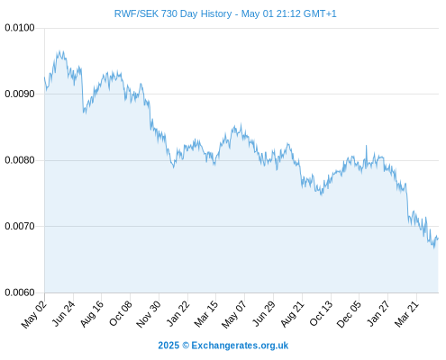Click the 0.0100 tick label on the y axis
(x=20, y=28)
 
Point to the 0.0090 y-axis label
(x=20, y=94)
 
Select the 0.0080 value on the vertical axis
(x=20, y=160)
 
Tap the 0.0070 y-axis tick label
(x=20, y=226)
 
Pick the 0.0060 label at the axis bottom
(x=20, y=292)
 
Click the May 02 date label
(x=34, y=314)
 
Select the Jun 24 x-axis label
(x=63, y=313)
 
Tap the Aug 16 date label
(x=92, y=313)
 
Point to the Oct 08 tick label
(x=120, y=313)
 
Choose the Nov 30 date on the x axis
(x=148, y=314)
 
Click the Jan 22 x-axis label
(x=178, y=313)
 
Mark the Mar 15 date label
(x=205, y=314)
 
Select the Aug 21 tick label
(x=292, y=313)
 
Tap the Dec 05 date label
(x=349, y=314)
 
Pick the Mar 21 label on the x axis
(x=406, y=314)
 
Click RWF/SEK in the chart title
(x=136, y=13)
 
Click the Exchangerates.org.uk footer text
(x=240, y=346)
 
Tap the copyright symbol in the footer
(x=186, y=346)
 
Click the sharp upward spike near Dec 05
(x=366, y=146)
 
